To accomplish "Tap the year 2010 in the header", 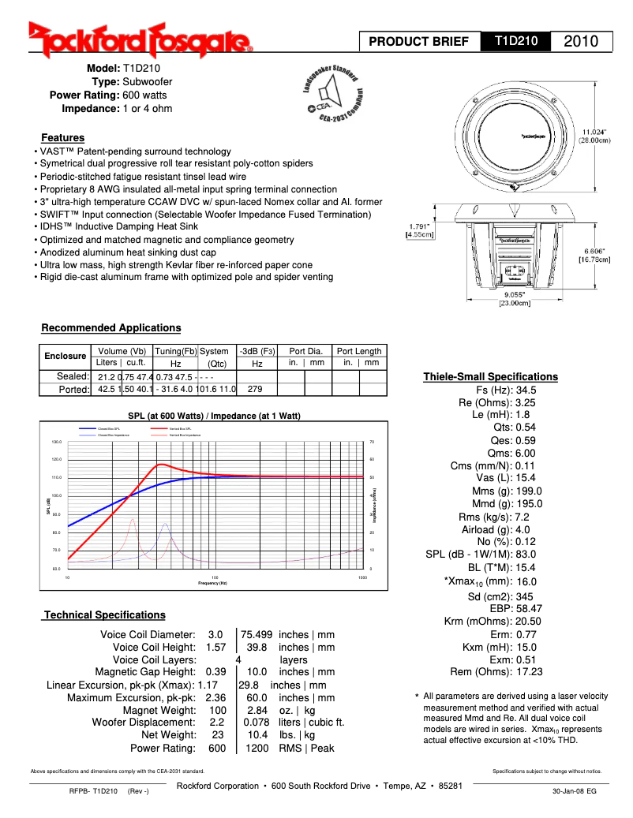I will point(587,41).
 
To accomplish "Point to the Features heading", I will point(63,137).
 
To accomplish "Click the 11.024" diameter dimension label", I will point(596,136).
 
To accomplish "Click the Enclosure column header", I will point(65,357).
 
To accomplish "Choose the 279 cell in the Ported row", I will point(255,389).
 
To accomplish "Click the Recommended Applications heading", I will point(110,328).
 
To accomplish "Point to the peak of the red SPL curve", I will point(161,465).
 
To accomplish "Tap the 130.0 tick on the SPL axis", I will point(57,443).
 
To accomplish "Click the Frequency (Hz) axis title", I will point(212,583).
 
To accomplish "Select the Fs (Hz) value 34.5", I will point(526,390).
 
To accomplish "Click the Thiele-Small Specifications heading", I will point(490,376).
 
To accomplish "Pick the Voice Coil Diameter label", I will point(148,634).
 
